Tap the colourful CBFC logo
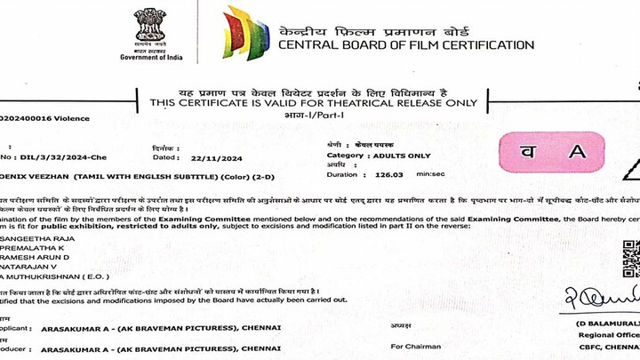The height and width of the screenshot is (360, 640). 246,32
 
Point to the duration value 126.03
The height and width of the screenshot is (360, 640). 387,175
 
